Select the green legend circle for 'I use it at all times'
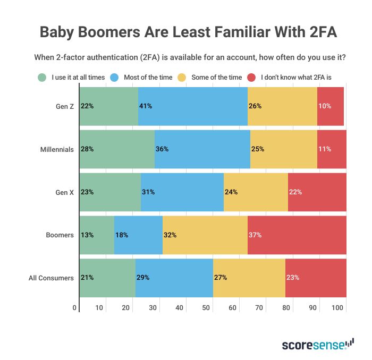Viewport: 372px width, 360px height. tap(42, 77)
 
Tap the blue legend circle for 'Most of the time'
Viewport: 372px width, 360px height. tap(114, 77)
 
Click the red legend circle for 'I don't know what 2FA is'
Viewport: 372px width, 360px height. tap(252, 77)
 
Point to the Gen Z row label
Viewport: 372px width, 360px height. tap(65, 106)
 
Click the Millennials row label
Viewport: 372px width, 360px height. tap(57, 149)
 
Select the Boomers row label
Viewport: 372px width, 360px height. tap(61, 235)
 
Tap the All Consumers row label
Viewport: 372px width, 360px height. tap(51, 278)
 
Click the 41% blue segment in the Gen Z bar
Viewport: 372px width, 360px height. tap(193, 106)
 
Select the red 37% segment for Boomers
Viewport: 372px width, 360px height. tap(297, 235)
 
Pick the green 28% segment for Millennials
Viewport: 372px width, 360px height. tap(117, 149)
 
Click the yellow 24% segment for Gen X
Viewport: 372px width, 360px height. tap(256, 192)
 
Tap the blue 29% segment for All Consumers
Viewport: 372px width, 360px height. tap(174, 278)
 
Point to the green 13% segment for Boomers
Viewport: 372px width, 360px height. tap(97, 235)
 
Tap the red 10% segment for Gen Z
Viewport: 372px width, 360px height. tap(331, 106)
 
